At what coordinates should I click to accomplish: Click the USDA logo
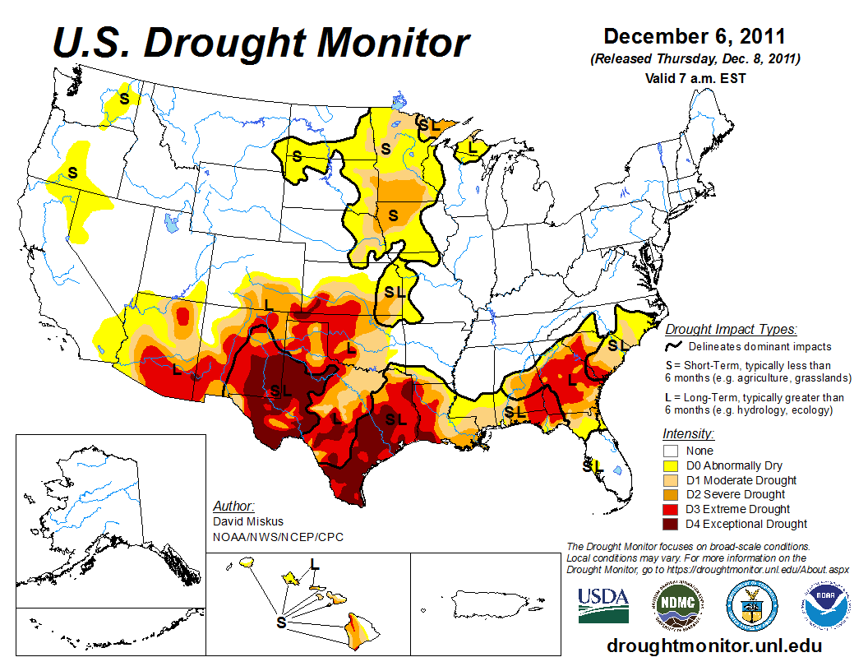click(603, 604)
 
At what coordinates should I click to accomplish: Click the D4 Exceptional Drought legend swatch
click(671, 524)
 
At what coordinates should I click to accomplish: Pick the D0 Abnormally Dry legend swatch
click(671, 465)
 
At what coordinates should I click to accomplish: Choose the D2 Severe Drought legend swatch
click(671, 494)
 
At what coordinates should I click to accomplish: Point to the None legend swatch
click(671, 451)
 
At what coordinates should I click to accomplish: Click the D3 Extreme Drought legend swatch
click(671, 509)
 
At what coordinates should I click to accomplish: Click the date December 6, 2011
click(695, 37)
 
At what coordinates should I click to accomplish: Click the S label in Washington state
click(125, 98)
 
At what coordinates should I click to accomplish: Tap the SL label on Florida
click(593, 465)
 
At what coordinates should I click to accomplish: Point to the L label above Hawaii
click(314, 563)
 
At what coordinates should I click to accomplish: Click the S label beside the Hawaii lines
click(281, 622)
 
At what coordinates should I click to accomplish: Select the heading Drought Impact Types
click(731, 329)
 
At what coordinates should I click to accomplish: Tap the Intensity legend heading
click(688, 433)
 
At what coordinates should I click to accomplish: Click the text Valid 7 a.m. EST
click(695, 79)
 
